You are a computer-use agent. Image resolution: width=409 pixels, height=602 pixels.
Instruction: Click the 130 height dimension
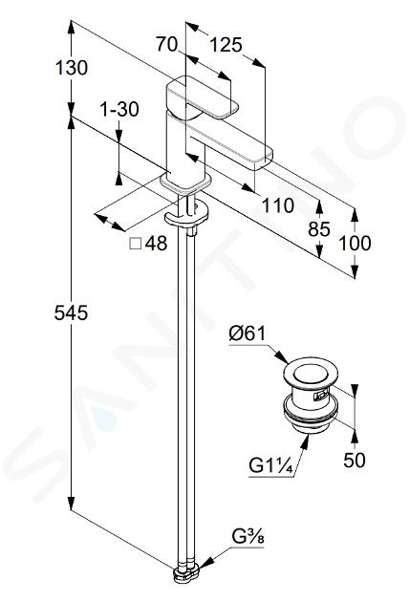[72, 68]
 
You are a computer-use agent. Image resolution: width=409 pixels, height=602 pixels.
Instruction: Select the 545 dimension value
[71, 312]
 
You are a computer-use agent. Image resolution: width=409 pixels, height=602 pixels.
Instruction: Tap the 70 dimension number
[166, 45]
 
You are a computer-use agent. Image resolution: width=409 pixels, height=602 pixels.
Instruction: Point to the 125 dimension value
[226, 45]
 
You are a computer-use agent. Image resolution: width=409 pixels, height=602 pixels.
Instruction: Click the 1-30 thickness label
[119, 110]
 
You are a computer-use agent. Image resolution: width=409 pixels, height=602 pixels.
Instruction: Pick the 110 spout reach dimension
[278, 205]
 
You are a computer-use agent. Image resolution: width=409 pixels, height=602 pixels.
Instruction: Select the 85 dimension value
[319, 229]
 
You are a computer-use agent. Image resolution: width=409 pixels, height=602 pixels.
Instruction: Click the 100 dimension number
[355, 244]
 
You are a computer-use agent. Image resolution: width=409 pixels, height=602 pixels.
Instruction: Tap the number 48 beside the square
[157, 244]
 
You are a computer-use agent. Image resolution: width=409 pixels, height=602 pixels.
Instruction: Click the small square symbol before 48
[136, 244]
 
